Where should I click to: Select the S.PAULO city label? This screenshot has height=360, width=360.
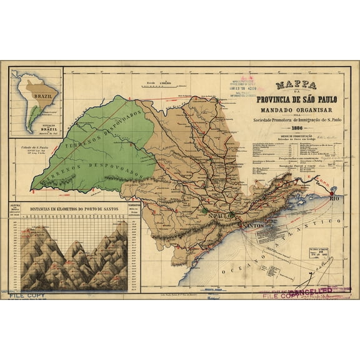pos(222,215)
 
